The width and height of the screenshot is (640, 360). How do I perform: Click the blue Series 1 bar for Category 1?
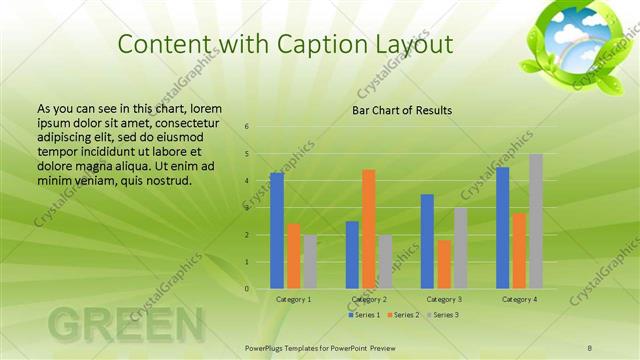pyautogui.click(x=276, y=231)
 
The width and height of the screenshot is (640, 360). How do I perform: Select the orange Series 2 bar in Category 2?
pyautogui.click(x=368, y=229)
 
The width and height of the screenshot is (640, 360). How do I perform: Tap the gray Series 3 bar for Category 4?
pyautogui.click(x=536, y=221)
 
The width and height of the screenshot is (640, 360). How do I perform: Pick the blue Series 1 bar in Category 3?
pyautogui.click(x=427, y=241)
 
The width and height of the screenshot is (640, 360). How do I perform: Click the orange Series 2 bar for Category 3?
pyautogui.click(x=444, y=264)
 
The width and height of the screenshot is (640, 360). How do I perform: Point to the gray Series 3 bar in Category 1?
pyautogui.click(x=310, y=262)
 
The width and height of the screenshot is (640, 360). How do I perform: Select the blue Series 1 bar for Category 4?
pyautogui.click(x=502, y=228)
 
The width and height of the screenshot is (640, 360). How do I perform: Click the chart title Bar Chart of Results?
pyautogui.click(x=401, y=110)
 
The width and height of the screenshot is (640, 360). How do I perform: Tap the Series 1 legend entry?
pyautogui.click(x=364, y=315)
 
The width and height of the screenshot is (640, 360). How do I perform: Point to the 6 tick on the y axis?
pyautogui.click(x=247, y=127)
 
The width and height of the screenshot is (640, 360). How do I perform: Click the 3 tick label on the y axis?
pyautogui.click(x=247, y=208)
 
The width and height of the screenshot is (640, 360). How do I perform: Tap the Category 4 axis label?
pyautogui.click(x=518, y=299)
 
